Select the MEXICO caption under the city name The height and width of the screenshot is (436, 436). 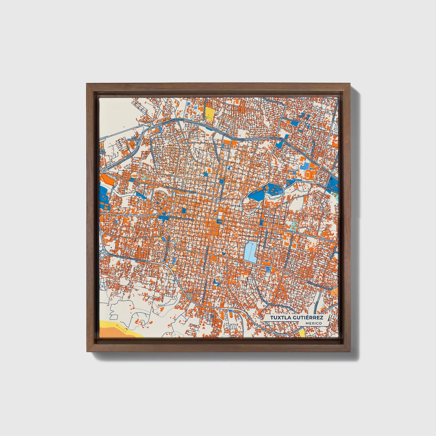(313, 323)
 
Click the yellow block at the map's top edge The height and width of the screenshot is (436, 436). (209, 114)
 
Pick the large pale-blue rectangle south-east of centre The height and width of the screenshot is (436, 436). (250, 252)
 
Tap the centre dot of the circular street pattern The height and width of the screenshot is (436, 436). (160, 201)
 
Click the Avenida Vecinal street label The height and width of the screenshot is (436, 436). (290, 120)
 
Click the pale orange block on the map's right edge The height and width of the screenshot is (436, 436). (334, 291)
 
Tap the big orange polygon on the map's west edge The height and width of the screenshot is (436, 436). (108, 179)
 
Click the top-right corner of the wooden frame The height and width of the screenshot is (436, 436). (351, 84)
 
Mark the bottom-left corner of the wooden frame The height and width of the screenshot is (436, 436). (87, 352)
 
